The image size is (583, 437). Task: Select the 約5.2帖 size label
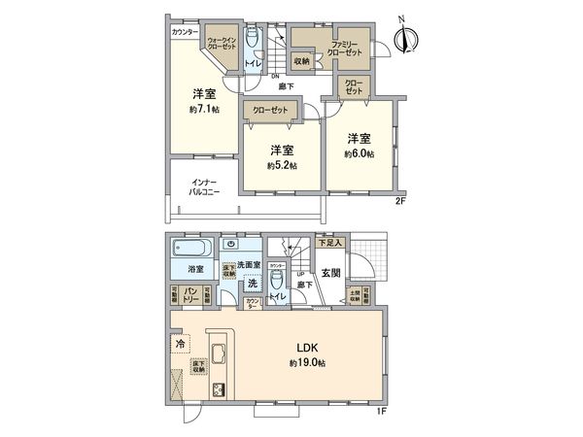coord(282,165)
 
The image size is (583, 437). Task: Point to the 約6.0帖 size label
coord(360,154)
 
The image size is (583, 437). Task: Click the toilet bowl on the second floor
coord(252,38)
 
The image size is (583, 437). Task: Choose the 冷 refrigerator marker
coord(181,343)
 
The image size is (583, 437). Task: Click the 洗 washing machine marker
coord(252,284)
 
